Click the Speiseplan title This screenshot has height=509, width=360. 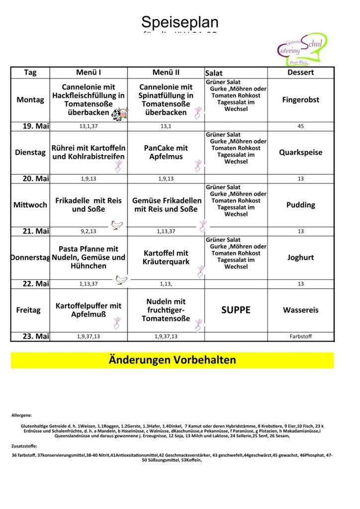[180, 22]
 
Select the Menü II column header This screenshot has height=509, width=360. [166, 72]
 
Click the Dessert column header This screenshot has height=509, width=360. [300, 72]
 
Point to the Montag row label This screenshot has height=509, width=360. [30, 99]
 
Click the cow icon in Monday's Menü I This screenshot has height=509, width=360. [119, 114]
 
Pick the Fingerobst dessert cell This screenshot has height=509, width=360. [300, 99]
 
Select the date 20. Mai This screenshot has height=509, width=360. [36, 178]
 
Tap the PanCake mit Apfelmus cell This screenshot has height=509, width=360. [166, 152]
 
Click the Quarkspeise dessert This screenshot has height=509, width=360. [300, 152]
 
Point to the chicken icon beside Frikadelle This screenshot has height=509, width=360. [117, 225]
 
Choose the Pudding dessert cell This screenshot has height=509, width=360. [300, 205]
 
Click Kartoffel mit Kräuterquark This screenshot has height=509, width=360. [166, 257]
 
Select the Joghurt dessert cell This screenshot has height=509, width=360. [300, 257]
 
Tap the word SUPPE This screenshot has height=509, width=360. [236, 310]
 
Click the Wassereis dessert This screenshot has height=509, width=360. [300, 310]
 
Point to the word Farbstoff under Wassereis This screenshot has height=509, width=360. [300, 337]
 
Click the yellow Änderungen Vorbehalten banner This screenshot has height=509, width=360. [172, 360]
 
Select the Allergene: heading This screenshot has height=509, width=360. [22, 415]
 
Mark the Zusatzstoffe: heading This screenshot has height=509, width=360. [24, 446]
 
